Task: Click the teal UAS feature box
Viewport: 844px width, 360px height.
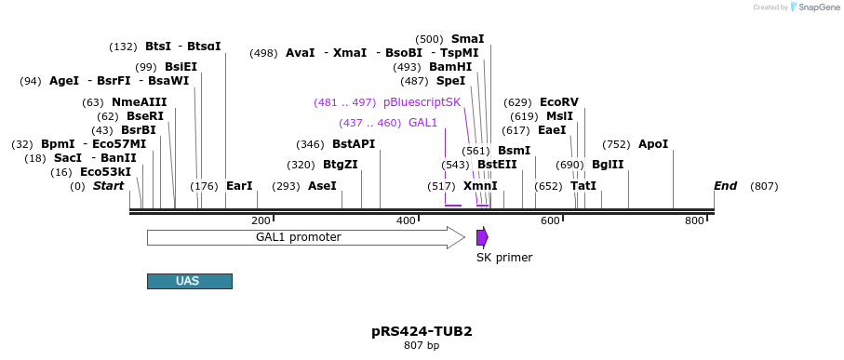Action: (x=189, y=281)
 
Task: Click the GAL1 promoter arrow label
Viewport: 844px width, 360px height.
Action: (x=298, y=237)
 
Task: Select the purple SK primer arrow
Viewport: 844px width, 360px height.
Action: (x=482, y=237)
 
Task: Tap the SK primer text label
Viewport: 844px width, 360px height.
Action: (x=504, y=258)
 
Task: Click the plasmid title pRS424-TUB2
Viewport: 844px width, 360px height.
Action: (x=422, y=331)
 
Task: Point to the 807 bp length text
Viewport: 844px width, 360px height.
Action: (x=422, y=346)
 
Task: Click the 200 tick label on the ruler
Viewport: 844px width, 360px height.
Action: (x=261, y=220)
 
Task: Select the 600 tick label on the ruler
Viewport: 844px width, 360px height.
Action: (x=550, y=220)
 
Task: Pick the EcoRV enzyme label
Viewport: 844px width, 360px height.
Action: (x=558, y=102)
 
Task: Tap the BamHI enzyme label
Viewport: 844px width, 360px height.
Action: (x=450, y=67)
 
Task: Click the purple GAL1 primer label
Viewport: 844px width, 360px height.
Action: (x=422, y=123)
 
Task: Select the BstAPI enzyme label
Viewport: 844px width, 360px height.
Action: (x=354, y=144)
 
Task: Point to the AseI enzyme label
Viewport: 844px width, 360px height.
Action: (x=322, y=186)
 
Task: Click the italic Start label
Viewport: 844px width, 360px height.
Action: (x=108, y=186)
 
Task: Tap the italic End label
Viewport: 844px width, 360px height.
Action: (x=725, y=186)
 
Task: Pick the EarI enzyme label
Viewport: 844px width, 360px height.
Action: (x=239, y=186)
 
